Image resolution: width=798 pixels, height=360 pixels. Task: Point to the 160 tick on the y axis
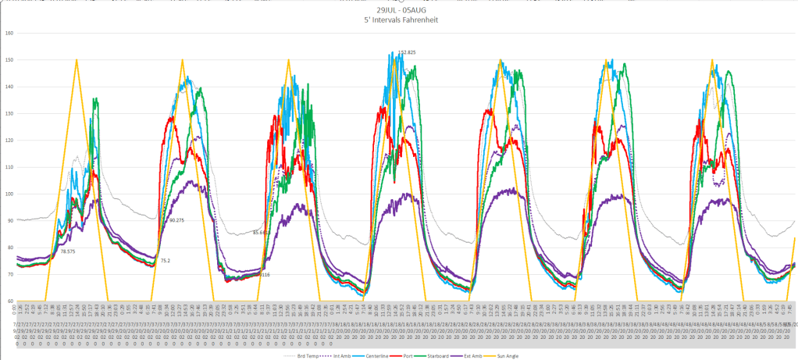click(9, 34)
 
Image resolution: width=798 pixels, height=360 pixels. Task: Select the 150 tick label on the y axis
click(9, 60)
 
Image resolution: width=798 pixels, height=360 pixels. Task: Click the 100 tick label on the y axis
click(9, 194)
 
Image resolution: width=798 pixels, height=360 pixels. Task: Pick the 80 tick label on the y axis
click(9, 248)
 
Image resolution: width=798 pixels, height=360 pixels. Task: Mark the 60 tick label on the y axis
click(9, 301)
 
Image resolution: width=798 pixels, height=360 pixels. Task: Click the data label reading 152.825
click(407, 52)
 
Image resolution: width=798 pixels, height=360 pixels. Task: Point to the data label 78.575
click(68, 251)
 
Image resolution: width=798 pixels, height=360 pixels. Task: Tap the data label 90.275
click(176, 220)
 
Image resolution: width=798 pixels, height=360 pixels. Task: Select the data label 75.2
click(165, 261)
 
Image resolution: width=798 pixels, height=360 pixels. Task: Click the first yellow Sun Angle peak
click(77, 59)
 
